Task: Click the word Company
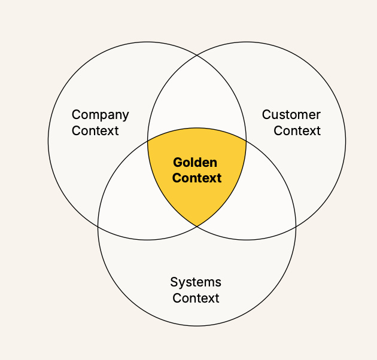[x=101, y=115]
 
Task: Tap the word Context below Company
[x=95, y=131]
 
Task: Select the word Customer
[x=291, y=115]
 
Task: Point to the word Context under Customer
[x=297, y=131]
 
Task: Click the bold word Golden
[x=195, y=163]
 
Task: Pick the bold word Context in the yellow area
[x=197, y=178]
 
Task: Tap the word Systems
[x=196, y=283]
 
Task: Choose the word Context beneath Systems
[x=196, y=298]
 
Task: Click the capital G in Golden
[x=178, y=163]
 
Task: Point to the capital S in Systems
[x=174, y=282]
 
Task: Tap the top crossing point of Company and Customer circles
[x=197, y=55]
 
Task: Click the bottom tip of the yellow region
[x=197, y=227]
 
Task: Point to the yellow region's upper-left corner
[x=148, y=141]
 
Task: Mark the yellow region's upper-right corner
[x=246, y=141]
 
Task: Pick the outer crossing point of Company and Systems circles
[x=98, y=227]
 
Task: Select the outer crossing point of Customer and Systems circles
[x=296, y=227]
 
